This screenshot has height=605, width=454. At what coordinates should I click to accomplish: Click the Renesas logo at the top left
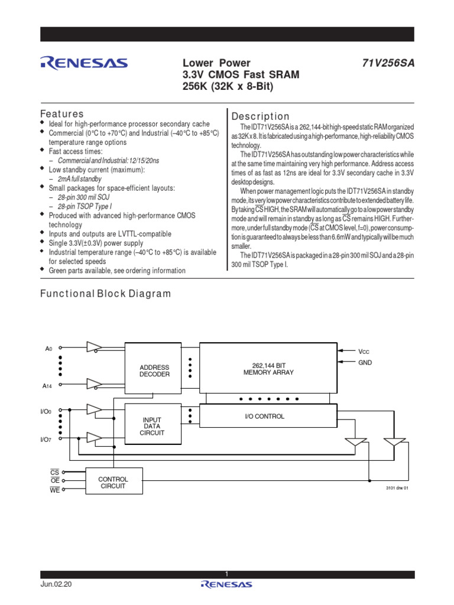[x=83, y=63]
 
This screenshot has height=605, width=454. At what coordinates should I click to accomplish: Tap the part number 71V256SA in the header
[x=388, y=63]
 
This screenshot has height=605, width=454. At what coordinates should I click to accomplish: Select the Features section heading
[x=61, y=113]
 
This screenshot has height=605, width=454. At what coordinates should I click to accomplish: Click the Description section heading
[x=261, y=116]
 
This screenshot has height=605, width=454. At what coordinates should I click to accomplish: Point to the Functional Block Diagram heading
[x=105, y=294]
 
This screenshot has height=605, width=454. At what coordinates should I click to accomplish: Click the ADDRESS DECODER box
[x=154, y=370]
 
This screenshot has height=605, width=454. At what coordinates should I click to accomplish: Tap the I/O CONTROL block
[x=264, y=416]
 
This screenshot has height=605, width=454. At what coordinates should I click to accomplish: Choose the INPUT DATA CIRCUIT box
[x=152, y=426]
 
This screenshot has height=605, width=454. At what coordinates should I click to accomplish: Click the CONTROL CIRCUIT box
[x=113, y=482]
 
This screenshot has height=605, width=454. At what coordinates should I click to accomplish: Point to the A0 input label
[x=49, y=349]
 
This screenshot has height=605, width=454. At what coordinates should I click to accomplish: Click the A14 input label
[x=48, y=386]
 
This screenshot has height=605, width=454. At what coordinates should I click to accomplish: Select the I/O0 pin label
[x=46, y=410]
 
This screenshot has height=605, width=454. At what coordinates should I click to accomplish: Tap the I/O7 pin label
[x=46, y=440]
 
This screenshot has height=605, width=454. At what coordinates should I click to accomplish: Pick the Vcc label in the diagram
[x=364, y=351]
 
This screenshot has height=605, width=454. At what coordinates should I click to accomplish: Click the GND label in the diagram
[x=365, y=362]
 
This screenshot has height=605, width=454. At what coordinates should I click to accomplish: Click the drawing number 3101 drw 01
[x=397, y=488]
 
